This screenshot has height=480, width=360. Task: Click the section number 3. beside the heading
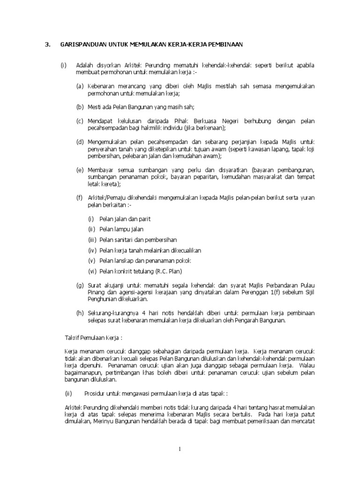[47, 45]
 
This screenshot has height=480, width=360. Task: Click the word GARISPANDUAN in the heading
[80, 45]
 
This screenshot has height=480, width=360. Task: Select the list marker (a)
[80, 87]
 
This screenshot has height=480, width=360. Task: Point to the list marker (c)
[80, 121]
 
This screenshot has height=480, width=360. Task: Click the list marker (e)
[80, 170]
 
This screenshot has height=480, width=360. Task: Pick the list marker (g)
[80, 285]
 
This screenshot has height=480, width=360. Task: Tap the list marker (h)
[80, 313]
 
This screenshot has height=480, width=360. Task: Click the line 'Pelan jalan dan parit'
[125, 219]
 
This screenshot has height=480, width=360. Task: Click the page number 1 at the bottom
[180, 450]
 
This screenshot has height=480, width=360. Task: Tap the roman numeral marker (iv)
[92, 250]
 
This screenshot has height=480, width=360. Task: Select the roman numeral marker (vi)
[92, 271]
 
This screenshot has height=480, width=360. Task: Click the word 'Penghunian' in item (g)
[101, 299]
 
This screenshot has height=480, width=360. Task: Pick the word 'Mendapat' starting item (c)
[99, 121]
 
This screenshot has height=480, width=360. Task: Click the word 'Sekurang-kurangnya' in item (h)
[111, 313]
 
